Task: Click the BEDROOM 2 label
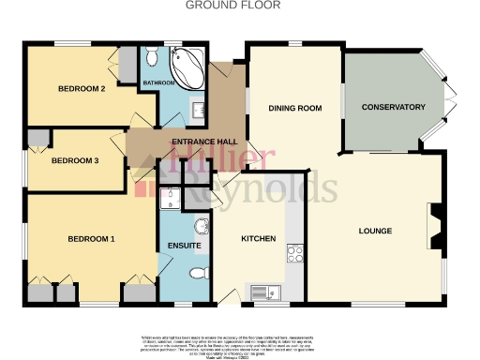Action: click(x=82, y=89)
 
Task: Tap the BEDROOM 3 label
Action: click(x=75, y=160)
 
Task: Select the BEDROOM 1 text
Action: click(x=91, y=239)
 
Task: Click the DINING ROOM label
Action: click(x=295, y=108)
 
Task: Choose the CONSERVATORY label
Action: click(x=394, y=108)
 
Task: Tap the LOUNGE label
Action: click(x=375, y=231)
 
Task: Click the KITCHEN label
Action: click(x=259, y=239)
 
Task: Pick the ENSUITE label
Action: click(x=185, y=246)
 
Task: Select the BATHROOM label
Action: click(x=158, y=83)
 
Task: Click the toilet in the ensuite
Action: click(x=196, y=274)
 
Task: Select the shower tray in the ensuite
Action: click(x=170, y=197)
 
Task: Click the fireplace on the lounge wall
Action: click(x=433, y=224)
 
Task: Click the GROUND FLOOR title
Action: click(x=240, y=6)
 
